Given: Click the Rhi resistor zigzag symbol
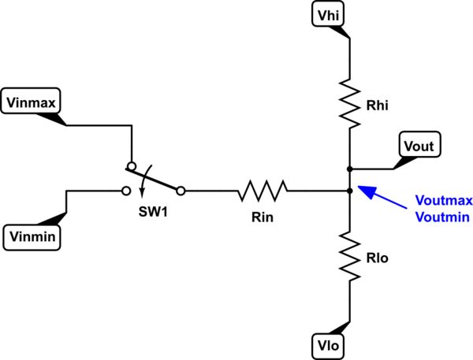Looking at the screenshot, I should click(x=348, y=98).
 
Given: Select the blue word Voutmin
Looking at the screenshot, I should click(x=435, y=215).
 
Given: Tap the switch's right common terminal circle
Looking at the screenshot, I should click(x=181, y=190).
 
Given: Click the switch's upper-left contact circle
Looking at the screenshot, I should click(x=131, y=167).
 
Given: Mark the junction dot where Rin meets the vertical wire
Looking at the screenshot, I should click(x=348, y=190).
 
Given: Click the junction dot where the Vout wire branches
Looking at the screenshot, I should click(x=348, y=169).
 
